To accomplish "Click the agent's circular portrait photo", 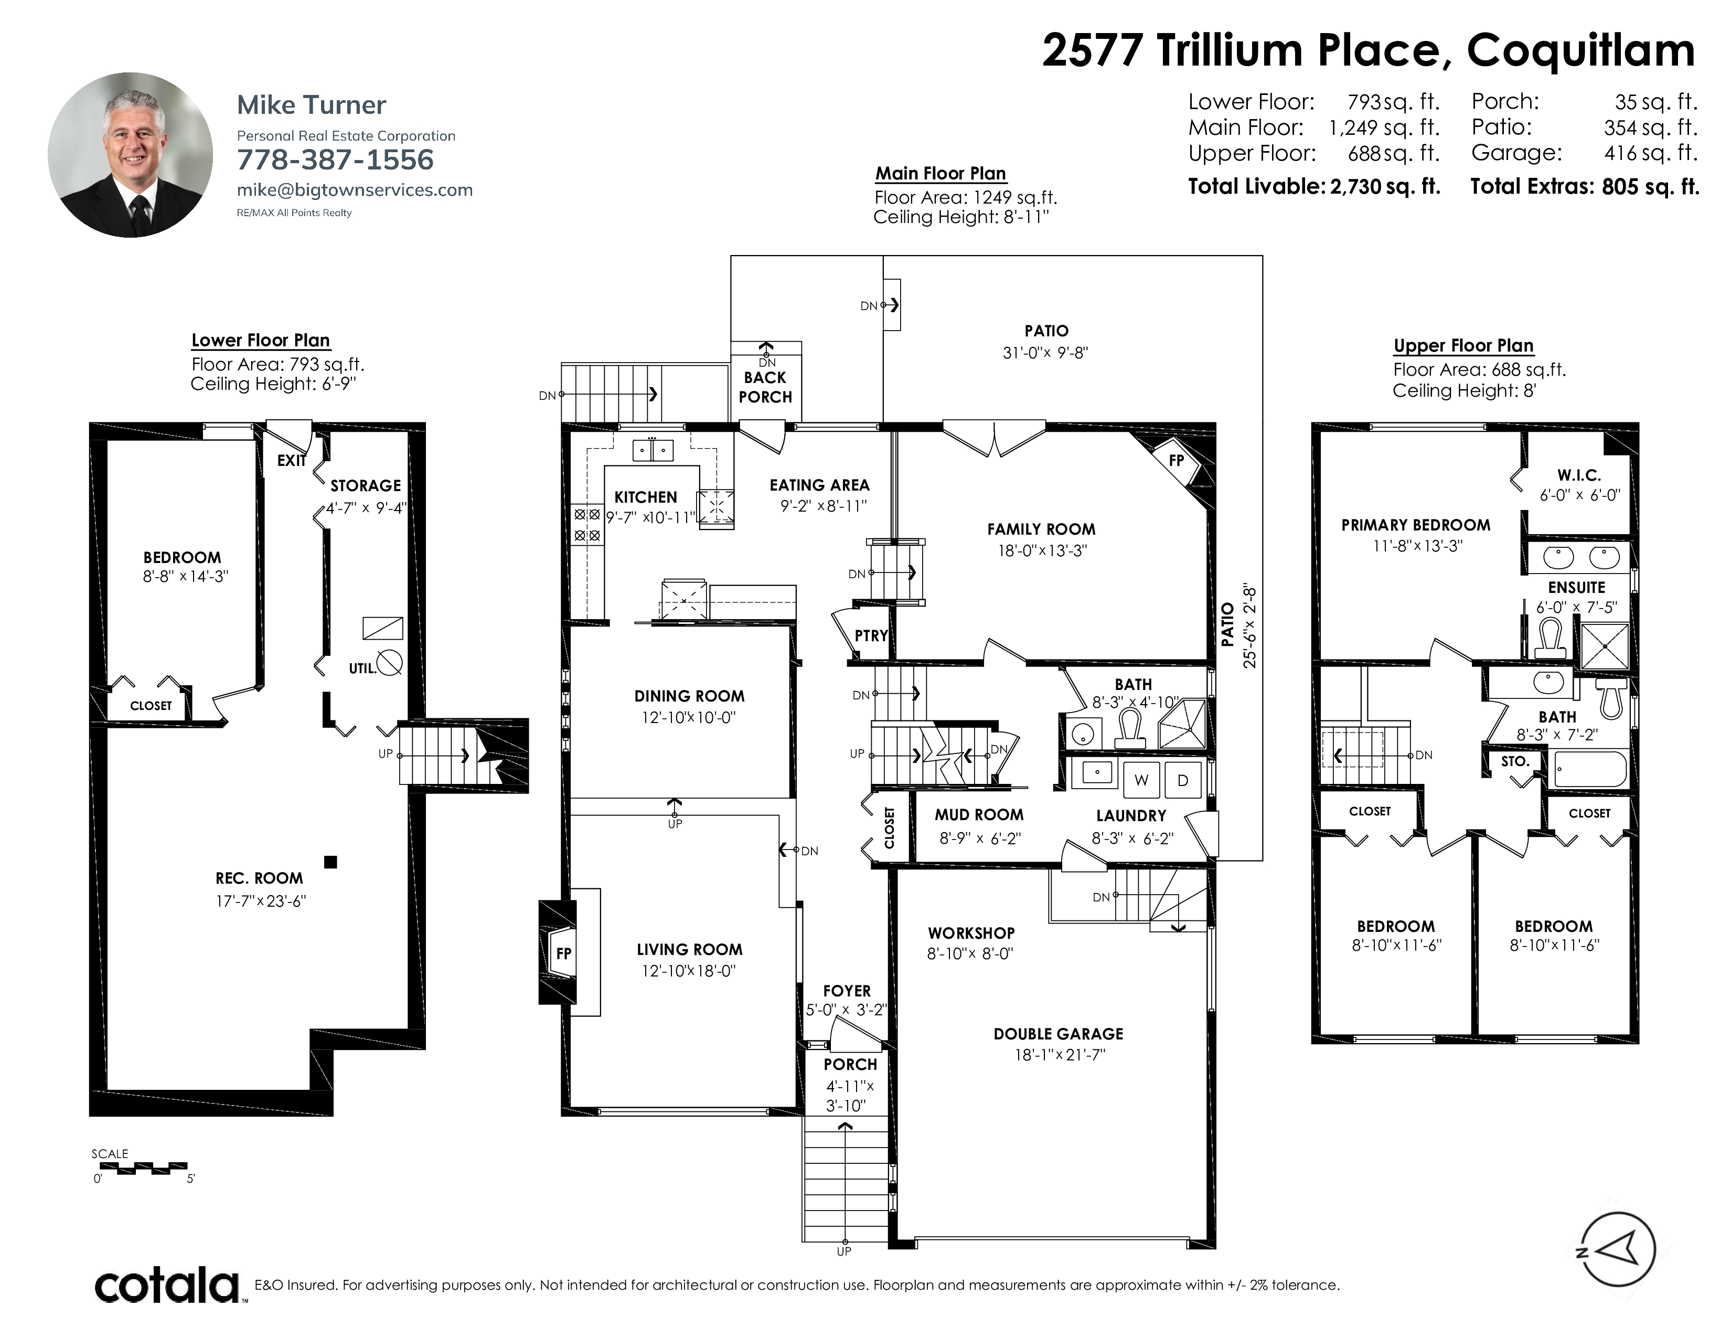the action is pos(130,155).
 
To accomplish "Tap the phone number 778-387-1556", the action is pos(335,160).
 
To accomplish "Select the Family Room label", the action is pos(1041,529).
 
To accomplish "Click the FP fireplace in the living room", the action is pos(563,953).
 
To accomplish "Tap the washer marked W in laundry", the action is pos(1142,780).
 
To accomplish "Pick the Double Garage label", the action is pos(1058,1034).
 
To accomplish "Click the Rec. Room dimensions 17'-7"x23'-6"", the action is pos(261,901).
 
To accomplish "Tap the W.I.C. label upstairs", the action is pos(1579,475).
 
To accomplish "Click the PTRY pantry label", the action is pos(871,636).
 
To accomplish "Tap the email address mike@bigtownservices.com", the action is pos(354,190).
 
